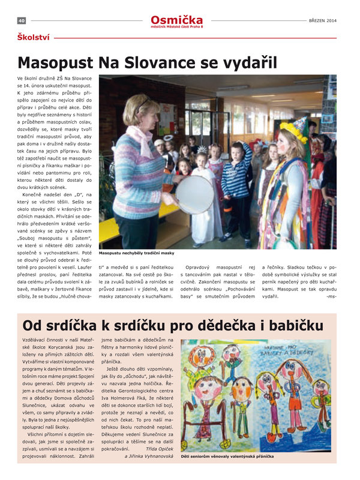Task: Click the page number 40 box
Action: [21, 20]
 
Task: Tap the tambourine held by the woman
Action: [194, 194]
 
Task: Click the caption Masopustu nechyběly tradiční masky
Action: [137, 253]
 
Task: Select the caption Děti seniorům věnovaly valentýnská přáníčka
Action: [227, 456]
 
